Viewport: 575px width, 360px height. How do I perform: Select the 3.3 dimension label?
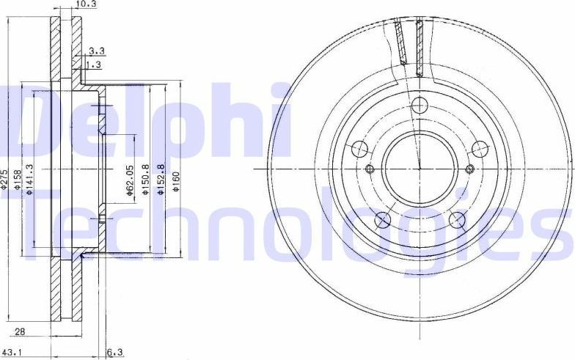(96, 51)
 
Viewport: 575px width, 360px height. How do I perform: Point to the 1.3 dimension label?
(94, 65)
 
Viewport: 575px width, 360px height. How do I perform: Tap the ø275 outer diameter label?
(5, 180)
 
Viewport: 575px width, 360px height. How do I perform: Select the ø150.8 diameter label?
(145, 179)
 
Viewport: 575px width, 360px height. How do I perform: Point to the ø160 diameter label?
(176, 180)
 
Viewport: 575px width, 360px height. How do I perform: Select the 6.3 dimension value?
(115, 353)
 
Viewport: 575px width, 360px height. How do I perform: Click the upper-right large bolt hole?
(480, 149)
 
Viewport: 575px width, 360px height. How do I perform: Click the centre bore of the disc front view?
(420, 169)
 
